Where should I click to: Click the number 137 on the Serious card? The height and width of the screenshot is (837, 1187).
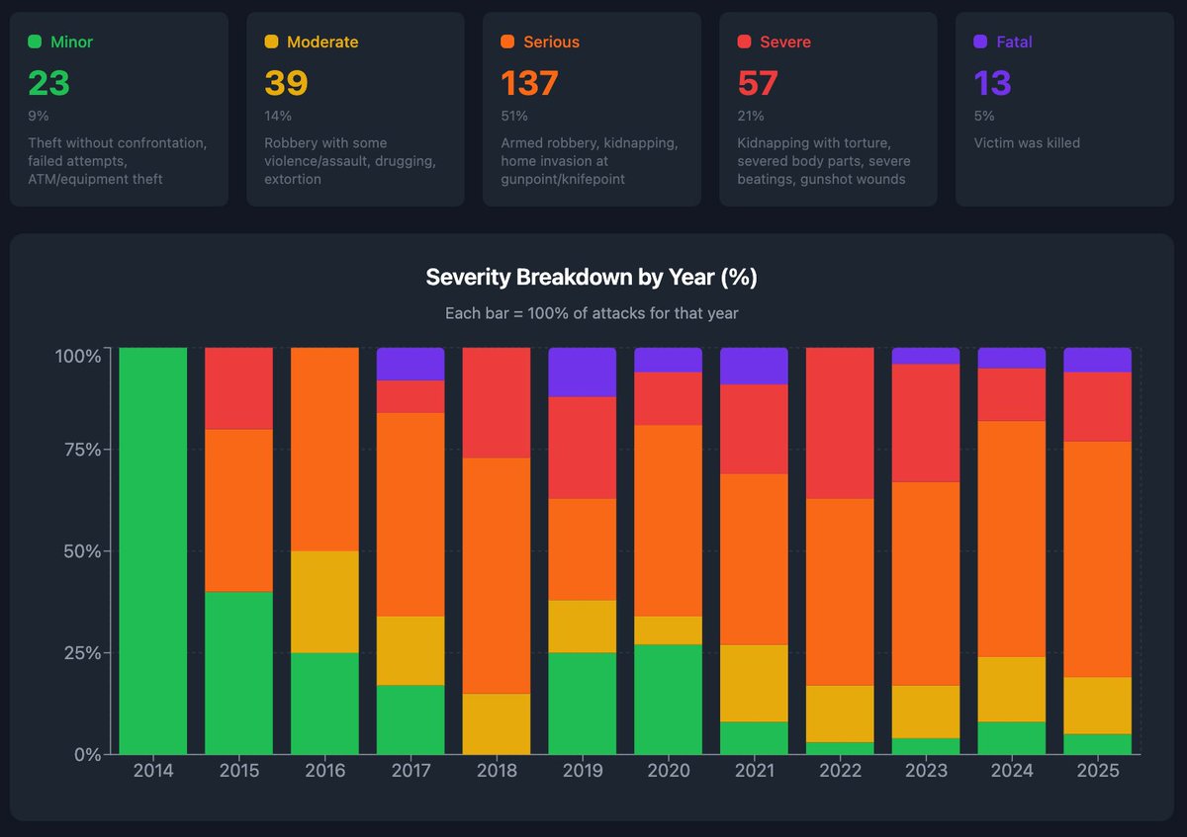[x=529, y=84]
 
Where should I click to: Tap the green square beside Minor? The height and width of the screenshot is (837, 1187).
[x=35, y=42]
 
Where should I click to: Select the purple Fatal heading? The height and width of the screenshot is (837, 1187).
[x=1014, y=42]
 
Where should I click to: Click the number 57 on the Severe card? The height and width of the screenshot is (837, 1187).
[x=758, y=84]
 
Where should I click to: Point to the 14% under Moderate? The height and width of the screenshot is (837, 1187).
[x=278, y=116]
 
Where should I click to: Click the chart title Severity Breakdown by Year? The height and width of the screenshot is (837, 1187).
[x=591, y=278]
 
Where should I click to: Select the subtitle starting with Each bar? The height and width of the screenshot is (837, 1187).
[x=591, y=313]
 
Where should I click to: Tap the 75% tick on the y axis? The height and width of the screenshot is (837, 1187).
[x=78, y=450]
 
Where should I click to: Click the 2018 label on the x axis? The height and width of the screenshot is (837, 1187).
[x=497, y=771]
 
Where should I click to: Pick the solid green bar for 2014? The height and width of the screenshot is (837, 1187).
[x=153, y=550]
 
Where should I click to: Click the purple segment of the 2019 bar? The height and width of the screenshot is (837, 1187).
[x=583, y=372]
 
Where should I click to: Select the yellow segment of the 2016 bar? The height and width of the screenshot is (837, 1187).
[x=324, y=602]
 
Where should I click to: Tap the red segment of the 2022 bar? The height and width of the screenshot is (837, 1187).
[x=840, y=423]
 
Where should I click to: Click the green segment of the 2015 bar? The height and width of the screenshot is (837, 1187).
[x=239, y=672]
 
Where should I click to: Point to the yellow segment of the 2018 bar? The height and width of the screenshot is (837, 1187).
[x=497, y=723]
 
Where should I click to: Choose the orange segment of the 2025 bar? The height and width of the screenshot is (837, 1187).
[x=1097, y=558]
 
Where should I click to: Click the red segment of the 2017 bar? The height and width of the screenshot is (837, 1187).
[x=411, y=396]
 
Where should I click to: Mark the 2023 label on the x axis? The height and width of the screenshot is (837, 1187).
[x=926, y=771]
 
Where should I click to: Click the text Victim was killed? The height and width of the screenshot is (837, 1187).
[x=1027, y=143]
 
